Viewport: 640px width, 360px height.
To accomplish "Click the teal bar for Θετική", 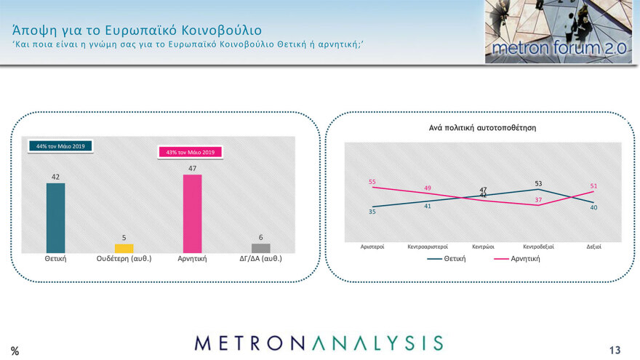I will [x=55, y=217].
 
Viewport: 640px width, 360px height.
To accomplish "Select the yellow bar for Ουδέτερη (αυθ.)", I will [x=124, y=249].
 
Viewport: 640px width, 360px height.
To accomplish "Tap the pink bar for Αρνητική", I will [x=192, y=214].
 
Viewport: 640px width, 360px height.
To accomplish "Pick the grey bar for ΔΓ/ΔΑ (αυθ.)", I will [x=260, y=248].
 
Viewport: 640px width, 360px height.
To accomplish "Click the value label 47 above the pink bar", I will [x=192, y=168].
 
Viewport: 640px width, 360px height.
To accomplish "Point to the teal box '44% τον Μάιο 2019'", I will [x=60, y=147].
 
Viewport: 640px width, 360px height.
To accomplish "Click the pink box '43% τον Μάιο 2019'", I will [x=191, y=152].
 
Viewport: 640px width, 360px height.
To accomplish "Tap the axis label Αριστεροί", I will [x=372, y=247].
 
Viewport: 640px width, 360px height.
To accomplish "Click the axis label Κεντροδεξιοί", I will [x=538, y=247].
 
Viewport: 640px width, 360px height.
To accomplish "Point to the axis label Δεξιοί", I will [x=594, y=247].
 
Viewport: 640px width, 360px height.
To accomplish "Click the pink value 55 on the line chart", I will [x=372, y=181].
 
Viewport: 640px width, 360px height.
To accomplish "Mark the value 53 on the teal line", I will [x=538, y=183].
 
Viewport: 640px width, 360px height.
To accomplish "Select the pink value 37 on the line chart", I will [x=538, y=199].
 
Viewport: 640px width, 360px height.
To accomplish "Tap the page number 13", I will [x=616, y=348].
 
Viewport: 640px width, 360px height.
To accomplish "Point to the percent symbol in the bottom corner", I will [x=15, y=351].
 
